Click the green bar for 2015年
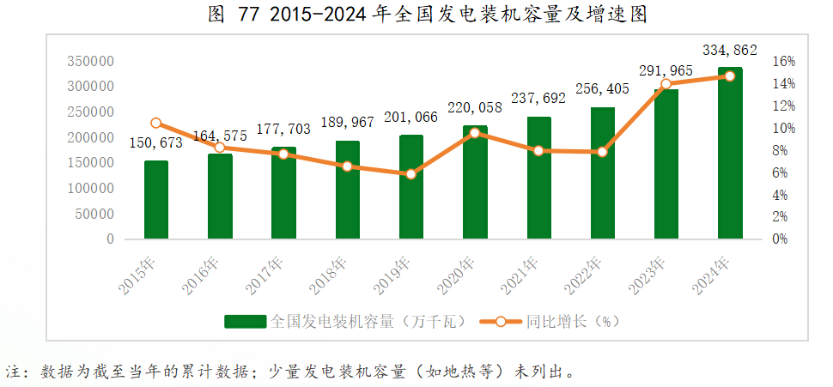tap(156, 199)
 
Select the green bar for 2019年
tap(411, 186)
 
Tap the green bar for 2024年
tap(730, 153)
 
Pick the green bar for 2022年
tap(603, 172)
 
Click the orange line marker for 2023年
tap(666, 84)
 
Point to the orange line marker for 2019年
tap(411, 174)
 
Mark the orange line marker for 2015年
tap(156, 123)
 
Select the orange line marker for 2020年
tap(475, 133)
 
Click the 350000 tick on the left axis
tap(90, 62)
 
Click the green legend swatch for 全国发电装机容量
tap(246, 322)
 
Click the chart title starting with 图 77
tap(416, 15)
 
